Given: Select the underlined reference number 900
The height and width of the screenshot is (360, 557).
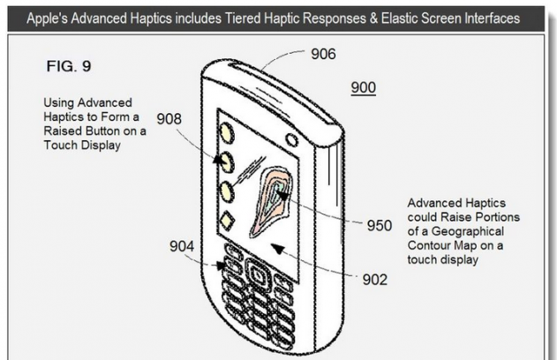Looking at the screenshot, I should click(364, 88).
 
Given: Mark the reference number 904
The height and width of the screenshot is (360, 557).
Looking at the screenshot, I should click(184, 246).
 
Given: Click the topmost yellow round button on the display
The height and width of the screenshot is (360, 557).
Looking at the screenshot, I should click(227, 133).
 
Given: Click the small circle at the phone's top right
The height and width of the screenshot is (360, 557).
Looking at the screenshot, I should click(290, 139).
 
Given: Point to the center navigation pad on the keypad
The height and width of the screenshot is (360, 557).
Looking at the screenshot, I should click(257, 274).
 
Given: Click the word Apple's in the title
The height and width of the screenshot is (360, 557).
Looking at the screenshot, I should click(51, 18).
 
